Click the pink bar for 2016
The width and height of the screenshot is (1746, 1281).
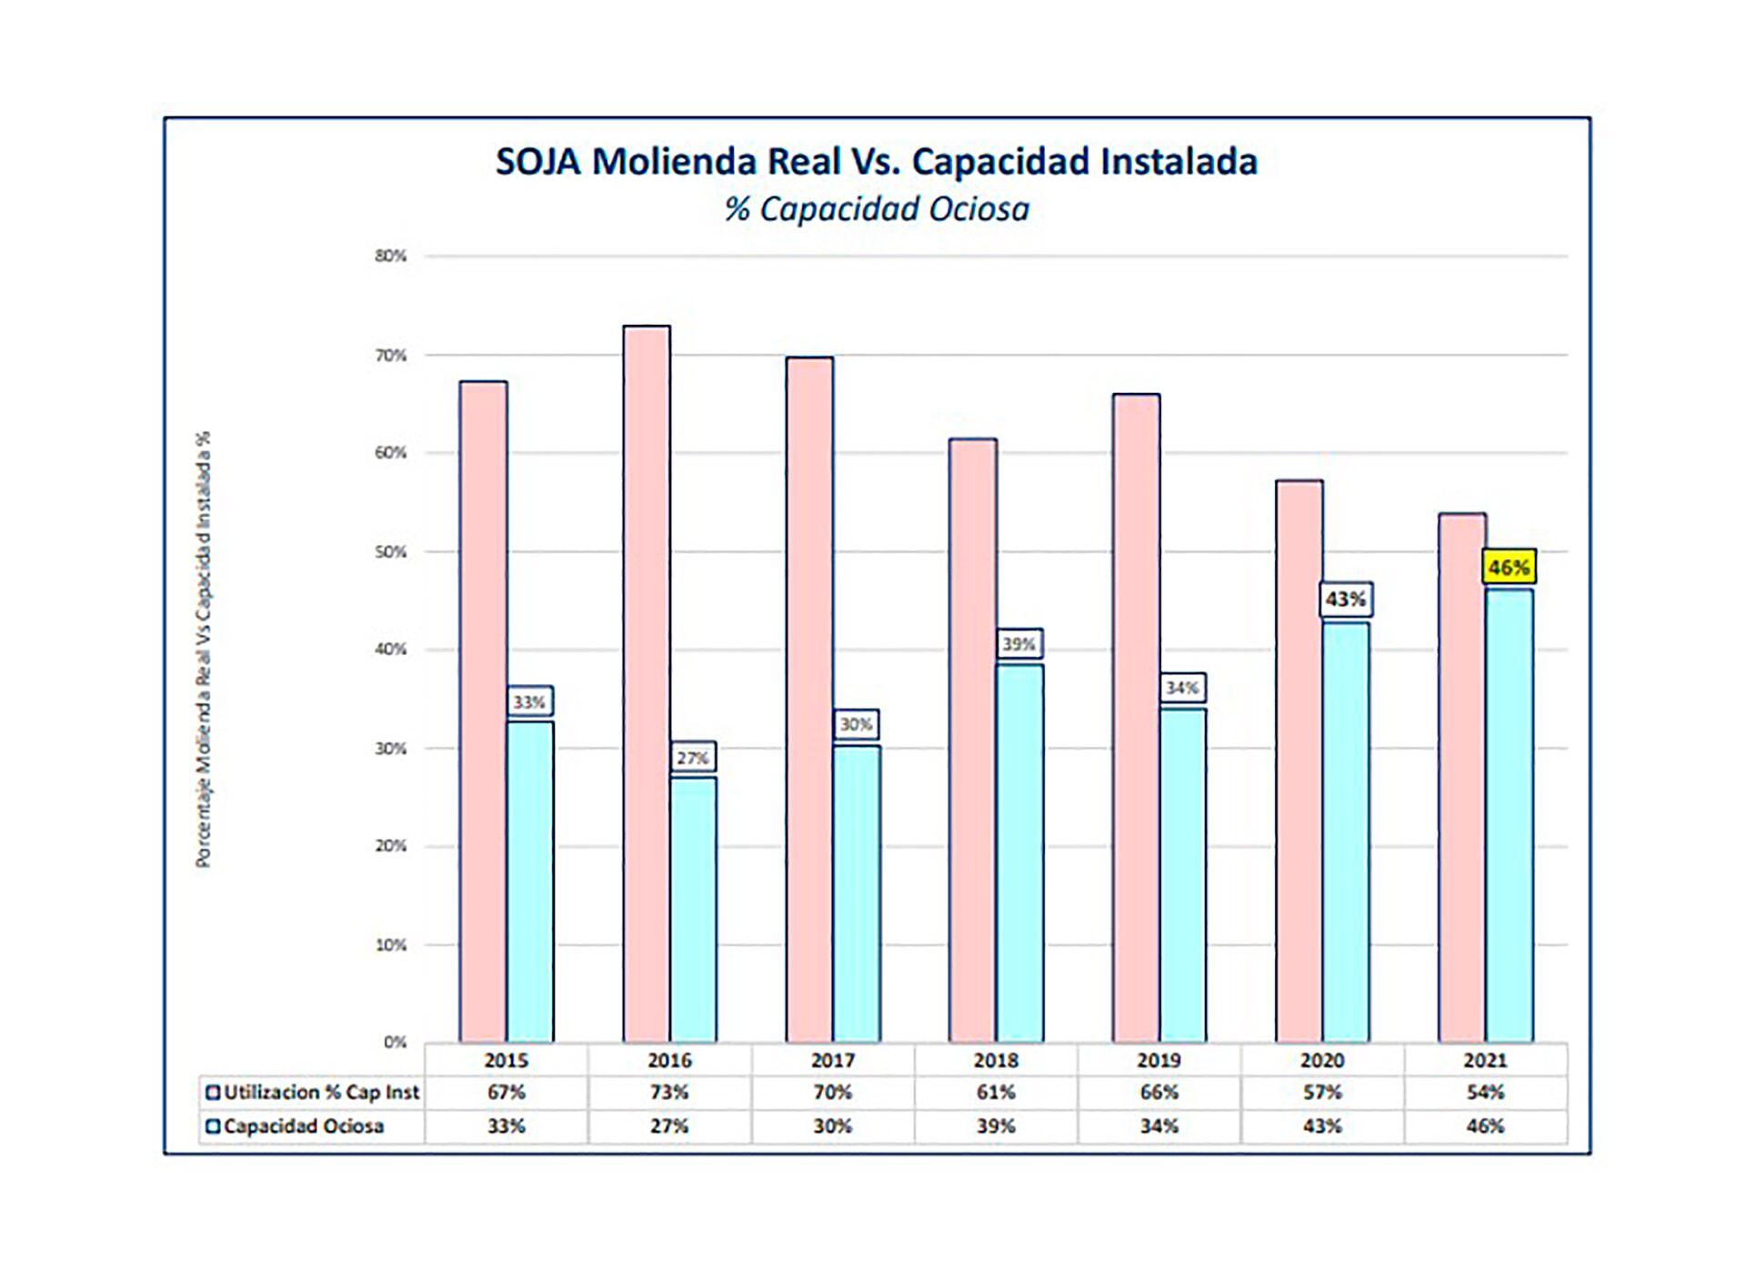[647, 682]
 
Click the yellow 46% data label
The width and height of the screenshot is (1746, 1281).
[1509, 568]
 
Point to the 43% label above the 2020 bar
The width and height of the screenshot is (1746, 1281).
[1345, 600]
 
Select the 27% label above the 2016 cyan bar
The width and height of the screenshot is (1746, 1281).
[693, 758]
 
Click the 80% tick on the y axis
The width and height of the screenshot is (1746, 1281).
[390, 257]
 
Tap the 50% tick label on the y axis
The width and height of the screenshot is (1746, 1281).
[390, 552]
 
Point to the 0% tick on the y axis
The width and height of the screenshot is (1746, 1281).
[395, 1043]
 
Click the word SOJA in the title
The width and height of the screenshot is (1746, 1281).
[537, 162]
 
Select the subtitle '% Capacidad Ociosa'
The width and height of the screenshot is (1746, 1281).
[877, 209]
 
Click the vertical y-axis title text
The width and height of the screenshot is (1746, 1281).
[203, 649]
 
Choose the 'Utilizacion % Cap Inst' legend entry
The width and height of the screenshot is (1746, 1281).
[313, 1093]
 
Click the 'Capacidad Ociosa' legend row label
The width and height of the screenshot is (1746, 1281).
[296, 1126]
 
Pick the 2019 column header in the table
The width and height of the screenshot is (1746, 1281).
[1159, 1061]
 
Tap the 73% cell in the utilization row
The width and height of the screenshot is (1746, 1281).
[669, 1093]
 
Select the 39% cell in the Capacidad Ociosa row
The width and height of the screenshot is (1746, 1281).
[996, 1126]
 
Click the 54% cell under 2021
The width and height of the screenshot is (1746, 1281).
[1485, 1093]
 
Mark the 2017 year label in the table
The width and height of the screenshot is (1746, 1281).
[832, 1061]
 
